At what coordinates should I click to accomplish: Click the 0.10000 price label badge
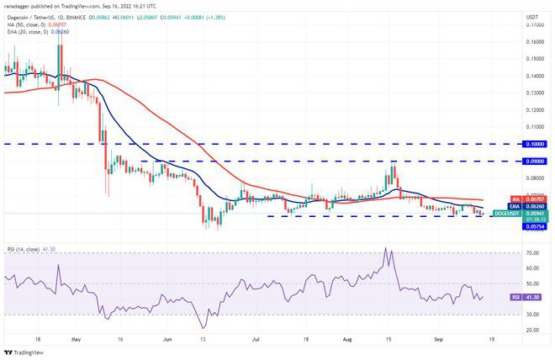[533, 144]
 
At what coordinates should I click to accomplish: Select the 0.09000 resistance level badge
[533, 161]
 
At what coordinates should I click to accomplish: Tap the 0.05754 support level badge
[533, 227]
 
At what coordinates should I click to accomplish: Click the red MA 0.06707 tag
[533, 199]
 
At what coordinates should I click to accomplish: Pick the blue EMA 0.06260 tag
[533, 206]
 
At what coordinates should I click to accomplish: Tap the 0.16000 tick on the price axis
[533, 41]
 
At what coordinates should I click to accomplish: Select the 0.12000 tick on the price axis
[533, 110]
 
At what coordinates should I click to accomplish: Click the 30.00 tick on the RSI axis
[533, 314]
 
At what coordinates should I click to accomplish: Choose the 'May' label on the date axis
[76, 341]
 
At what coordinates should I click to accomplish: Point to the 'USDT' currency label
[532, 17]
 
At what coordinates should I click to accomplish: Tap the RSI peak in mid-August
[386, 248]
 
